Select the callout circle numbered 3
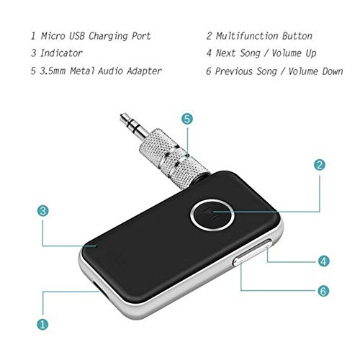coord(43,211)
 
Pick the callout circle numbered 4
coord(324,261)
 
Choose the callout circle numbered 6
coord(324,292)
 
